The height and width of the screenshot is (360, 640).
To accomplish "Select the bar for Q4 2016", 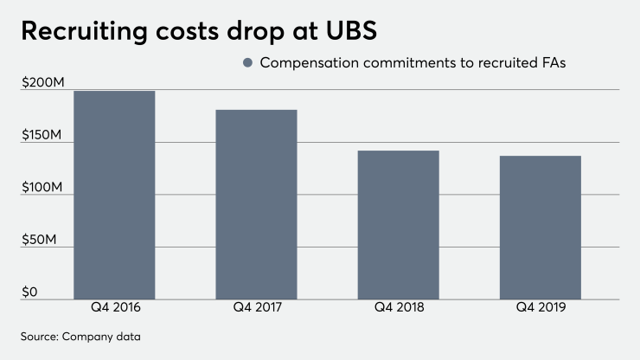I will (114, 195).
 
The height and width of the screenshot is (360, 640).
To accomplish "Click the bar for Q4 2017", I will (256, 204).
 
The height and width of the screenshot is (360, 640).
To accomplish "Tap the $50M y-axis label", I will (37, 239).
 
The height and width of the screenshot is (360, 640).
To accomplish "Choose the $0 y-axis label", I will (29, 292).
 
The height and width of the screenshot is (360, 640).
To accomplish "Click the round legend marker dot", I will (247, 63).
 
